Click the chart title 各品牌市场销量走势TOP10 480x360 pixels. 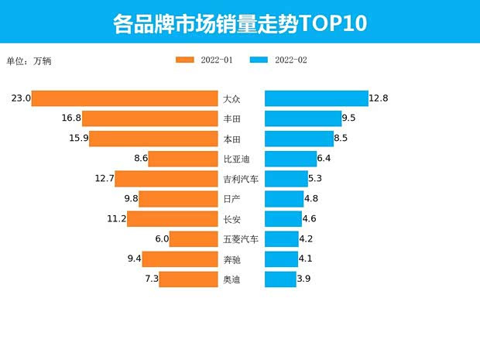pos(239,23)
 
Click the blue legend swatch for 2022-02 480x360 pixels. pos(259,60)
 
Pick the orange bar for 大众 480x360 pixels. pos(125,98)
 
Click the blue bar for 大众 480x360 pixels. pos(317,98)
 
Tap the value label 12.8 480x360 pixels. pos(379,98)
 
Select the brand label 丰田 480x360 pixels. pos(231,118)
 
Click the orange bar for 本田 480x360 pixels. pos(154,139)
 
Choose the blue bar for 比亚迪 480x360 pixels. pos(290,159)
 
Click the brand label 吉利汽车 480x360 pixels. pos(240,179)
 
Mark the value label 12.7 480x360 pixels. pos(105,179)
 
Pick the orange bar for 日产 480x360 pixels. pos(178,199)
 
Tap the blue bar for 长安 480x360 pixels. pos(283,219)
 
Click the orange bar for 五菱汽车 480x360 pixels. pos(194,239)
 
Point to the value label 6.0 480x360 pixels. pos(161,239)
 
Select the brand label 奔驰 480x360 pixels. pos(231,259)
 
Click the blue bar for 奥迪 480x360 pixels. pos(280,279)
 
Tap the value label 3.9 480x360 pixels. pos(304,279)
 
